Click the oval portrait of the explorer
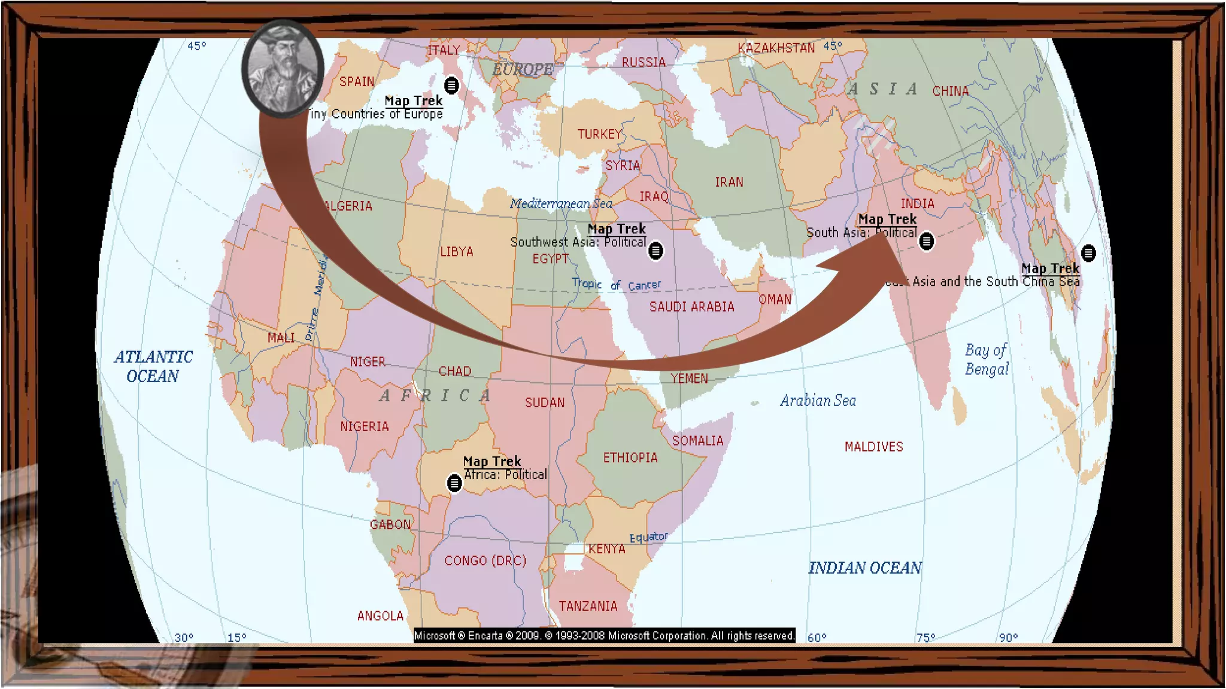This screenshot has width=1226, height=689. click(283, 68)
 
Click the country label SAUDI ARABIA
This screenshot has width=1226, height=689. click(691, 307)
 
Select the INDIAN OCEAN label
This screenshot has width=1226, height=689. click(865, 568)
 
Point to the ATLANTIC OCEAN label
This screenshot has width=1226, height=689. click(153, 367)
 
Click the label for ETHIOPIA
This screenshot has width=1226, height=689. click(630, 458)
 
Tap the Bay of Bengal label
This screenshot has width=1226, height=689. click(987, 359)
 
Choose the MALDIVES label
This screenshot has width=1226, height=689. click(873, 447)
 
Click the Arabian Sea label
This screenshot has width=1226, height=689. click(818, 401)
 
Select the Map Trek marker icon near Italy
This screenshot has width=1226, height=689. click(451, 85)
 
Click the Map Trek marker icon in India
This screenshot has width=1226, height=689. click(926, 241)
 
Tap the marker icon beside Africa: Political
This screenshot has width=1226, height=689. click(454, 483)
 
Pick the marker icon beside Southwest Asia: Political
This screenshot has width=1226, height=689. click(656, 251)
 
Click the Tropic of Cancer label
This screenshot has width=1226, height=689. click(616, 285)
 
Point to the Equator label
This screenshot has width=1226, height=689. click(648, 537)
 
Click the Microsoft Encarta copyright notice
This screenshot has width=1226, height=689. click(605, 636)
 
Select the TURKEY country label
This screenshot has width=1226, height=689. click(599, 134)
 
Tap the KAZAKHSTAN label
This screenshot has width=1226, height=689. click(776, 48)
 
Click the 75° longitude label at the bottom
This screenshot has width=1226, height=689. click(925, 638)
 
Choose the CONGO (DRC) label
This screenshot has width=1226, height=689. click(485, 561)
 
